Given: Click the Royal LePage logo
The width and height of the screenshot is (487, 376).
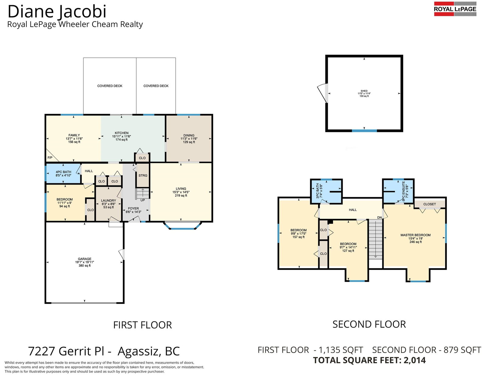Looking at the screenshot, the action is click(x=455, y=9).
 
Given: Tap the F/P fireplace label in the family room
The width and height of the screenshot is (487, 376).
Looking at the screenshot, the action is click(x=50, y=158).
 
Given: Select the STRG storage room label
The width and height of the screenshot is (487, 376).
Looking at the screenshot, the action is click(x=143, y=175).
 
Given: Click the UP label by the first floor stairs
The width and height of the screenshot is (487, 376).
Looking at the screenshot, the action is click(x=143, y=200).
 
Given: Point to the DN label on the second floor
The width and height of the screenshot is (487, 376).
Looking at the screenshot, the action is click(x=380, y=218).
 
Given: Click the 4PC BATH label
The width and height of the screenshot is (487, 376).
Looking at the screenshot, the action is click(x=63, y=172).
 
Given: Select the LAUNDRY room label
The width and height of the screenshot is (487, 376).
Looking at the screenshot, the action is click(x=108, y=201).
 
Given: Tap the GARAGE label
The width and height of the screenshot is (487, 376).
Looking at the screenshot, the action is click(x=85, y=259).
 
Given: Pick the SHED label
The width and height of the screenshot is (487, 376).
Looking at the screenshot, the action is click(x=364, y=91).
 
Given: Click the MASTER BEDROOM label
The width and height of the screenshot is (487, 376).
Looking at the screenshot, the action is click(x=415, y=235).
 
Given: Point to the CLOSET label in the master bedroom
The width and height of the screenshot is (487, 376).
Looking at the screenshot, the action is click(x=430, y=204).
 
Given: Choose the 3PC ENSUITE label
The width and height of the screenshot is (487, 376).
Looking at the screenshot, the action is click(x=404, y=191).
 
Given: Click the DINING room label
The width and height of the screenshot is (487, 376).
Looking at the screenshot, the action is click(x=189, y=135).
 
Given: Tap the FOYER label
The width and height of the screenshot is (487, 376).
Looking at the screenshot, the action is click(x=133, y=209).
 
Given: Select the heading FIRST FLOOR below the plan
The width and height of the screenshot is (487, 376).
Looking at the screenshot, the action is click(x=142, y=325).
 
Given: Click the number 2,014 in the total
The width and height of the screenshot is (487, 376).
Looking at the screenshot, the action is click(x=414, y=360).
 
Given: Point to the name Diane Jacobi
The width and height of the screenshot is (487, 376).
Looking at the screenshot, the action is click(x=57, y=12).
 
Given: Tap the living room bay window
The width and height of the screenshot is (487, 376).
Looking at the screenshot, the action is click(x=182, y=226).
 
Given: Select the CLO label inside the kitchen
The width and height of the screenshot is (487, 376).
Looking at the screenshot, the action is click(x=142, y=158).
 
